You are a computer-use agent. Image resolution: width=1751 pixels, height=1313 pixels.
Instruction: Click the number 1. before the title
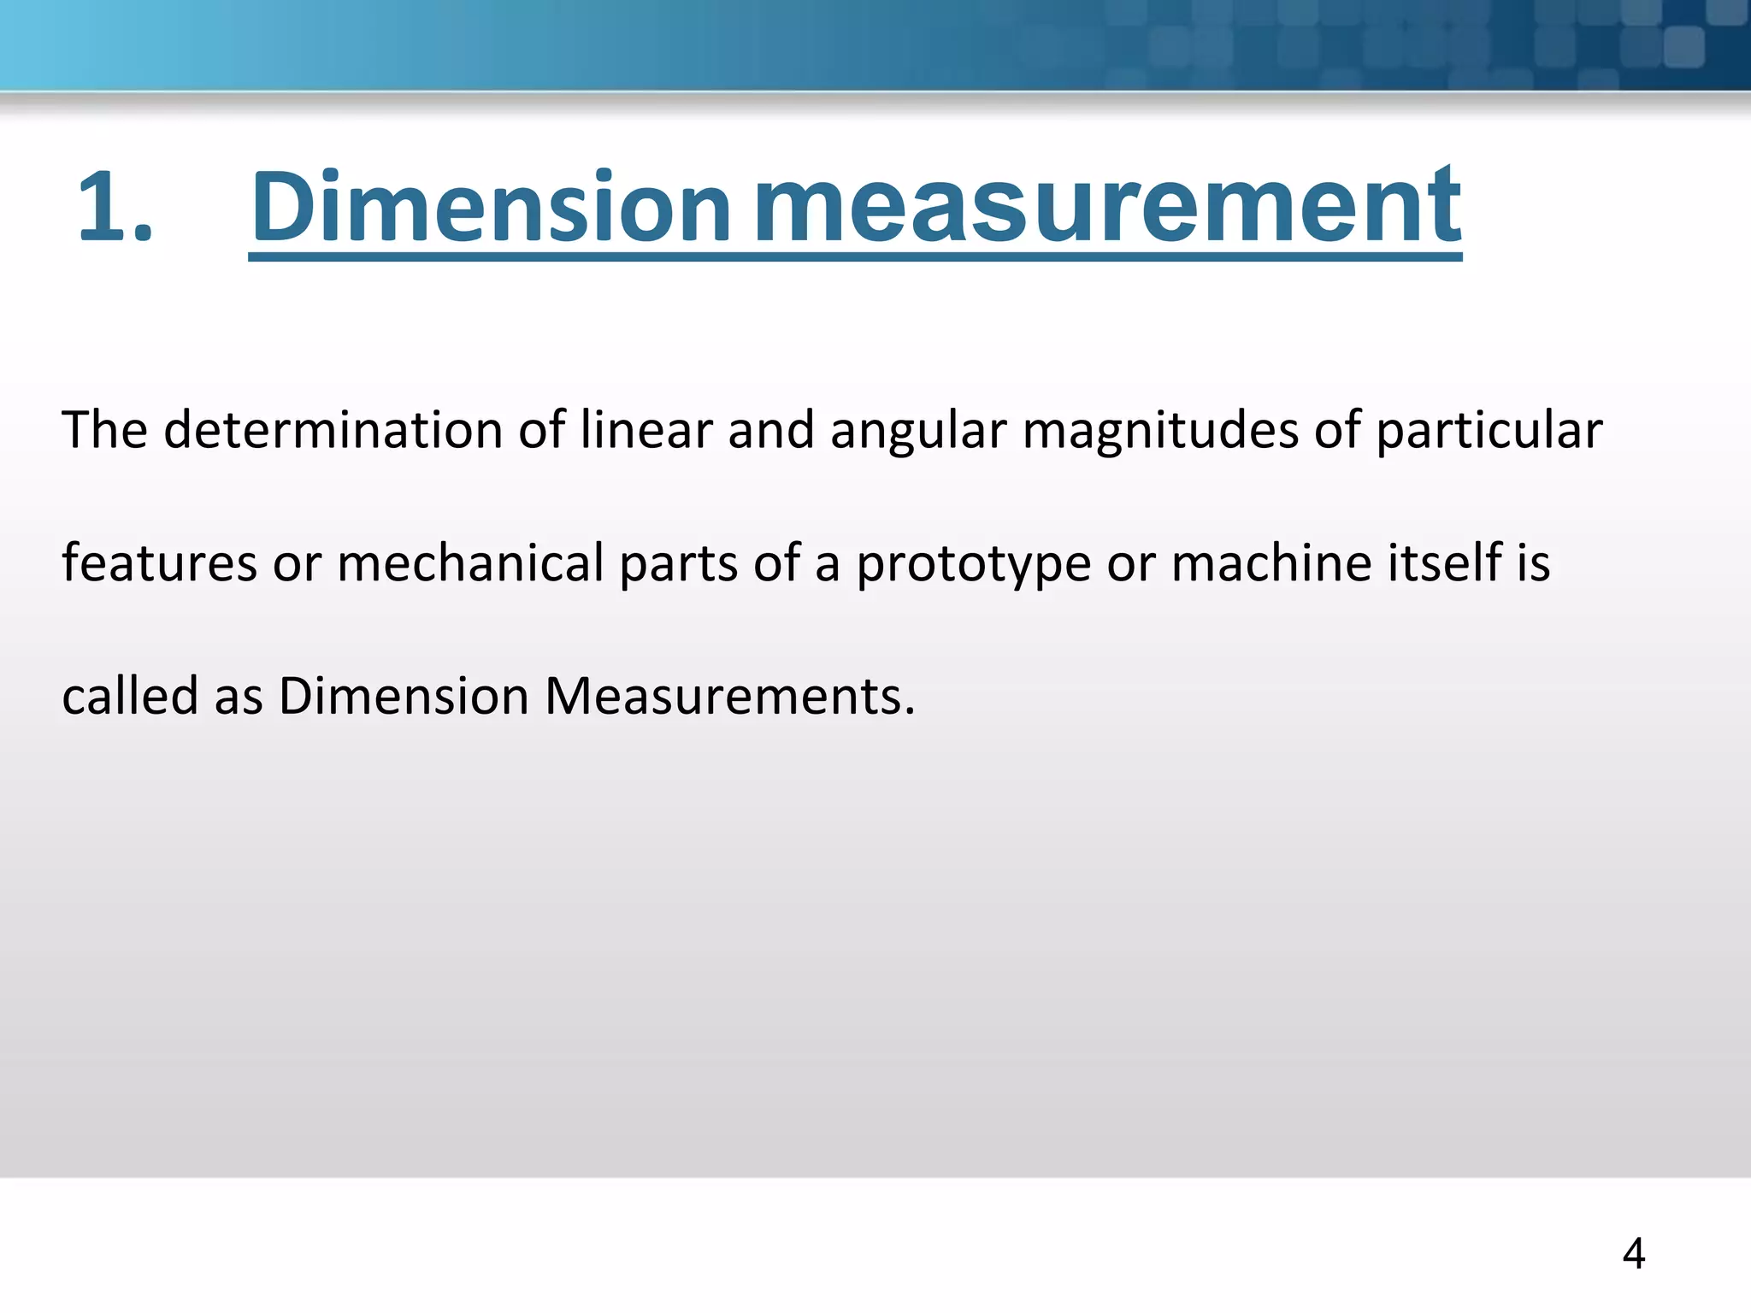(115, 207)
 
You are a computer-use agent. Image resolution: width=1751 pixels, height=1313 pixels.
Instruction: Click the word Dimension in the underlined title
(491, 207)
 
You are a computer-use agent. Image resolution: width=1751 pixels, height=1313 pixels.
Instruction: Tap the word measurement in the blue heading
(1108, 207)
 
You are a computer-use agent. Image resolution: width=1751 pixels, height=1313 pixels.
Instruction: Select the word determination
(333, 429)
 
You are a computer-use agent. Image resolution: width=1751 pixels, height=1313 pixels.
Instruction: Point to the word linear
(646, 429)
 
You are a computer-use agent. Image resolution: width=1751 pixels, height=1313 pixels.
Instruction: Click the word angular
(917, 431)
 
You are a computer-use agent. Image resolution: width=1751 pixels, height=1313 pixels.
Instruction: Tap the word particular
(1489, 431)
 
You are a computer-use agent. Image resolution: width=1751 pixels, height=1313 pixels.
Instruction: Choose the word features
(159, 562)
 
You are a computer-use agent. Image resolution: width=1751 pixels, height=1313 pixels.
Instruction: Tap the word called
(130, 695)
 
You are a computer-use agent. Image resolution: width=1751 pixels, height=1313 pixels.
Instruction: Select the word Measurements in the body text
(729, 695)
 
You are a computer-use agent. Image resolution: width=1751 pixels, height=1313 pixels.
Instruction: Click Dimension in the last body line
(404, 695)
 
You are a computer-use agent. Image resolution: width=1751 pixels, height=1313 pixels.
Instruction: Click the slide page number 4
(1634, 1254)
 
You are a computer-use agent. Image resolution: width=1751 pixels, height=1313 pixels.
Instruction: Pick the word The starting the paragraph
(104, 429)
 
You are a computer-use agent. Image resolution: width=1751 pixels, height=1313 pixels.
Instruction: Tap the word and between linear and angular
(770, 429)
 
